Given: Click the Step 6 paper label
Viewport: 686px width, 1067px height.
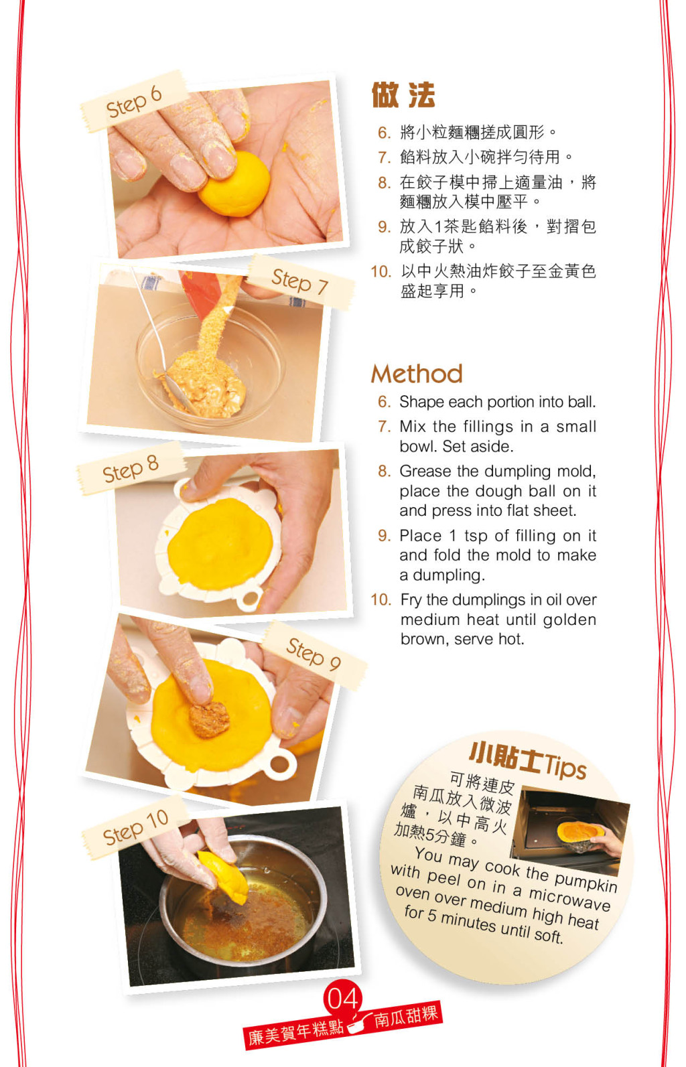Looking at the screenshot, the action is [133, 101].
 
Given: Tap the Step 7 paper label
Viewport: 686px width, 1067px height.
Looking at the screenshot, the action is [300, 282].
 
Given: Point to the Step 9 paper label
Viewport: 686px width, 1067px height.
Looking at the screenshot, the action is [314, 655].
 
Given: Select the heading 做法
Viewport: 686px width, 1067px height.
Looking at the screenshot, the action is [403, 95].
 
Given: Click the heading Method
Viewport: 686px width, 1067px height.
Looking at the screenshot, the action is [417, 374].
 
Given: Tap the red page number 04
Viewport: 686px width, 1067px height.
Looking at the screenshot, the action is [342, 999].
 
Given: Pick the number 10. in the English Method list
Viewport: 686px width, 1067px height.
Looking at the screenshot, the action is [381, 599].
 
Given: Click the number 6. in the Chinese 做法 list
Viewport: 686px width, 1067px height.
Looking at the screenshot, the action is [384, 133].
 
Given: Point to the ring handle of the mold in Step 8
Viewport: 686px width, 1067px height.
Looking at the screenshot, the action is [249, 599].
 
